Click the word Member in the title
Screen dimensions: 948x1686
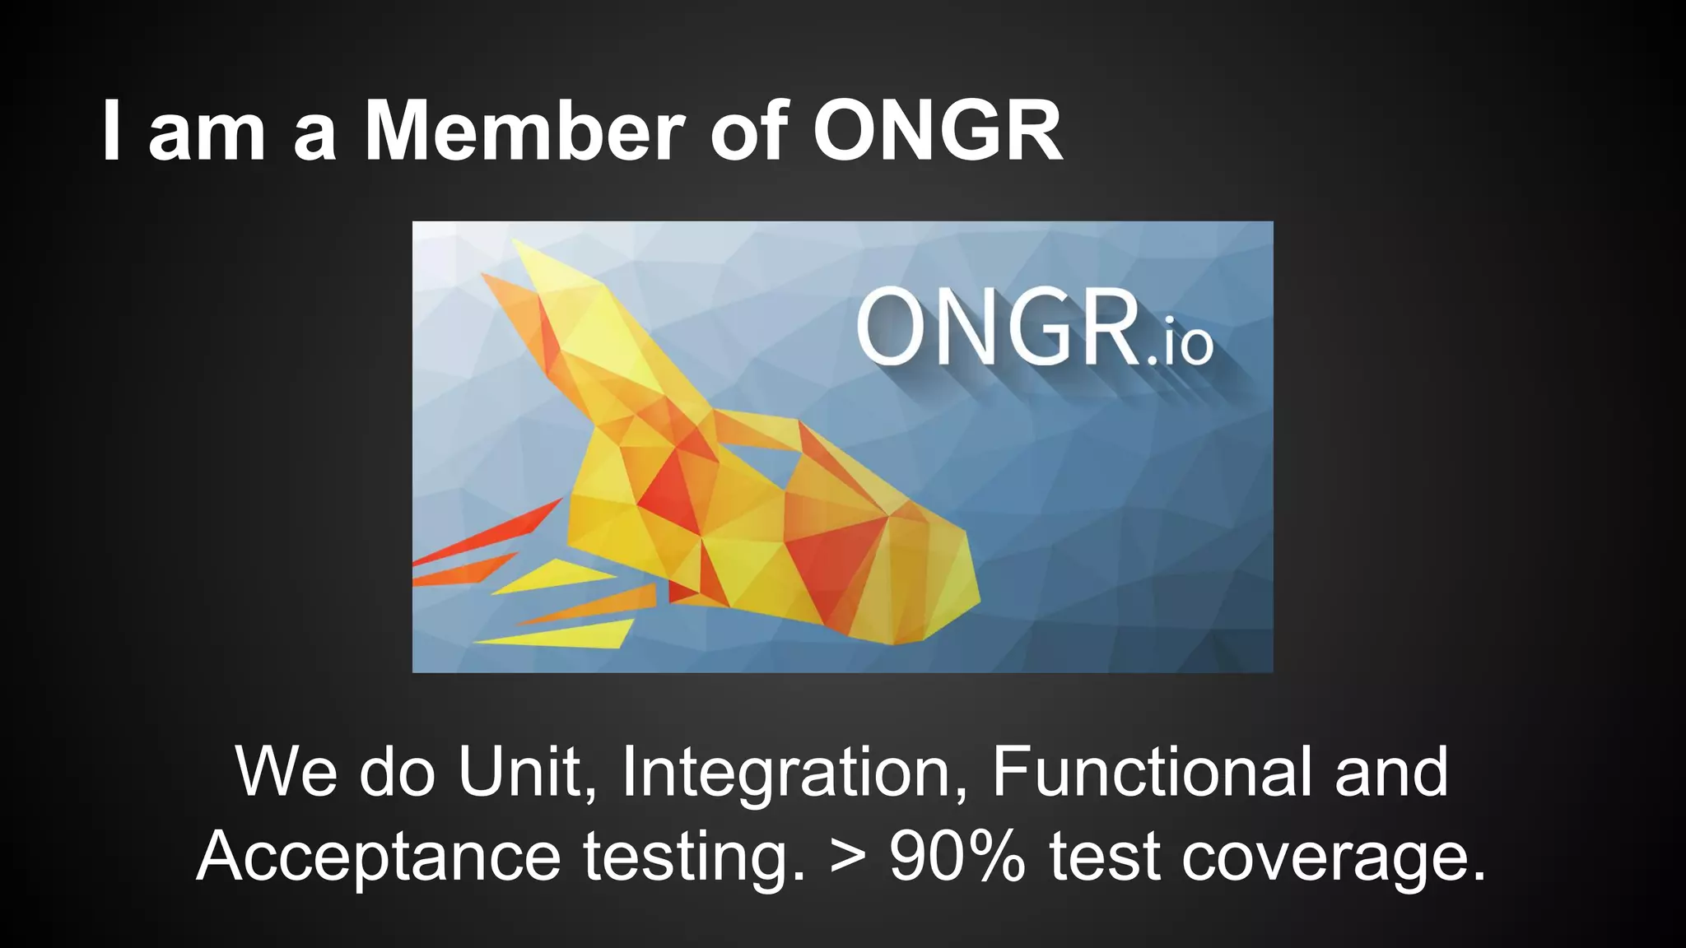(524, 132)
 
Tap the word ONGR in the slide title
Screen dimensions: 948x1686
(938, 132)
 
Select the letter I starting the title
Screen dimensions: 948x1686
(112, 132)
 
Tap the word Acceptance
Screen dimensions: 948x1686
(379, 856)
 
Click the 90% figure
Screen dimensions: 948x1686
(957, 856)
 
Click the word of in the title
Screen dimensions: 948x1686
(748, 132)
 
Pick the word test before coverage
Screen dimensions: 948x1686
(1104, 856)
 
